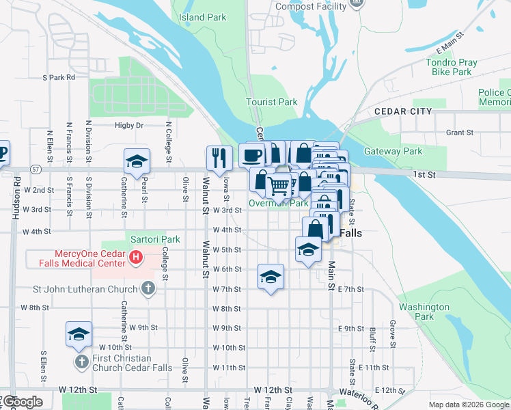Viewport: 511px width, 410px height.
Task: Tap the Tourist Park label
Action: click(x=271, y=102)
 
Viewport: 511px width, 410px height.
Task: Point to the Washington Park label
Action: click(x=424, y=312)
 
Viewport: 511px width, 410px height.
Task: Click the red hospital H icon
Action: click(x=136, y=258)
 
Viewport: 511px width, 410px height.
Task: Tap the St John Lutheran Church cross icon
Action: click(x=148, y=288)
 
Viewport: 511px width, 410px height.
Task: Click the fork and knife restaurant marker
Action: click(x=219, y=158)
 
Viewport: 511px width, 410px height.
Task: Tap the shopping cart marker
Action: click(x=278, y=185)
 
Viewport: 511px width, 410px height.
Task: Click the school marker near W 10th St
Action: click(x=79, y=334)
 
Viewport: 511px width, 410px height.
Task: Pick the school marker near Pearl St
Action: click(x=137, y=161)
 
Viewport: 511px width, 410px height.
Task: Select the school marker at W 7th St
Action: click(x=271, y=276)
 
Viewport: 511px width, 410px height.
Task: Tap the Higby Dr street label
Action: click(x=129, y=125)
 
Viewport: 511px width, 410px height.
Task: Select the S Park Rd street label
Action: click(x=59, y=77)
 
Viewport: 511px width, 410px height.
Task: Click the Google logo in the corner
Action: click(x=23, y=402)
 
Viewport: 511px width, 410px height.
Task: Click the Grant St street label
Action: click(x=459, y=133)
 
